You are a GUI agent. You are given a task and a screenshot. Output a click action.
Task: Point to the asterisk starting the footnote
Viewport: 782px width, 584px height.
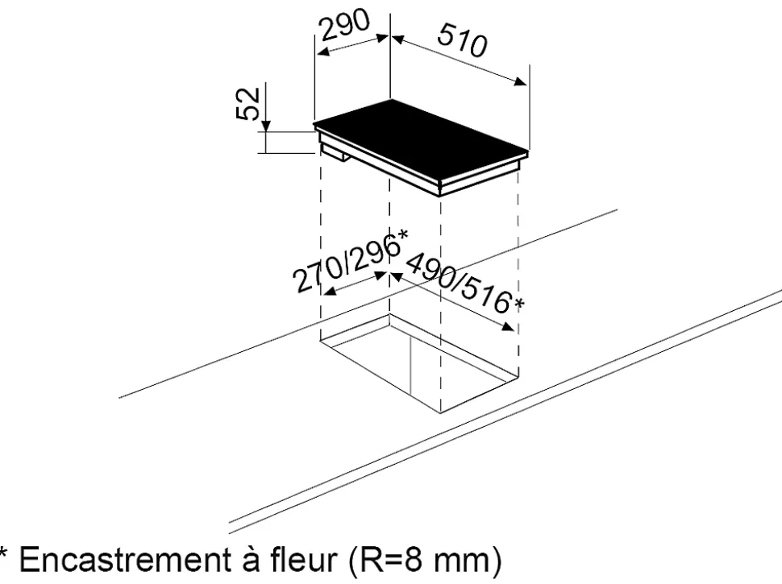[x=6, y=553]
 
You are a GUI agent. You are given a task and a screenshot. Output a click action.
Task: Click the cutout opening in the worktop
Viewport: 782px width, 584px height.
[x=419, y=358]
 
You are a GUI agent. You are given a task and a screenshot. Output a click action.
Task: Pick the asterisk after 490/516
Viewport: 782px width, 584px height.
[x=519, y=304]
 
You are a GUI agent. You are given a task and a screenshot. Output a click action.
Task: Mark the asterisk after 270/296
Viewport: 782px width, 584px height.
[x=402, y=235]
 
